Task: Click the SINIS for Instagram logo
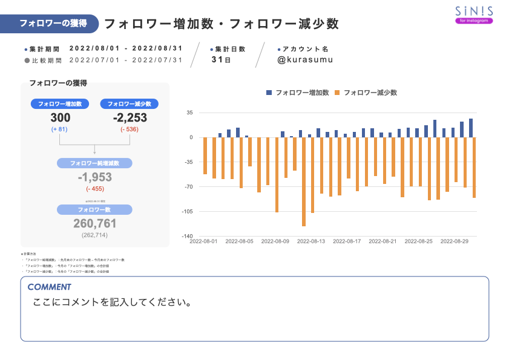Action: tap(474, 15)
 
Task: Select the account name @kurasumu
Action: tap(305, 60)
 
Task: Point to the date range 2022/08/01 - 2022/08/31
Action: tap(126, 48)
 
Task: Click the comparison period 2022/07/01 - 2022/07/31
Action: tap(126, 60)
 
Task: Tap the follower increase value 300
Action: tap(60, 118)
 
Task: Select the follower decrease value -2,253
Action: tap(130, 118)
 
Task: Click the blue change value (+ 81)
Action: tap(60, 129)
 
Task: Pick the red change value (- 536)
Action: tap(130, 129)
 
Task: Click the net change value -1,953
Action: tap(95, 177)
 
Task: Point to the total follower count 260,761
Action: tap(95, 223)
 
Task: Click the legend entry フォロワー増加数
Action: tap(297, 93)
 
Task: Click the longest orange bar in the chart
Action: tap(304, 182)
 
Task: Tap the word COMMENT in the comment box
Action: tap(49, 287)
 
